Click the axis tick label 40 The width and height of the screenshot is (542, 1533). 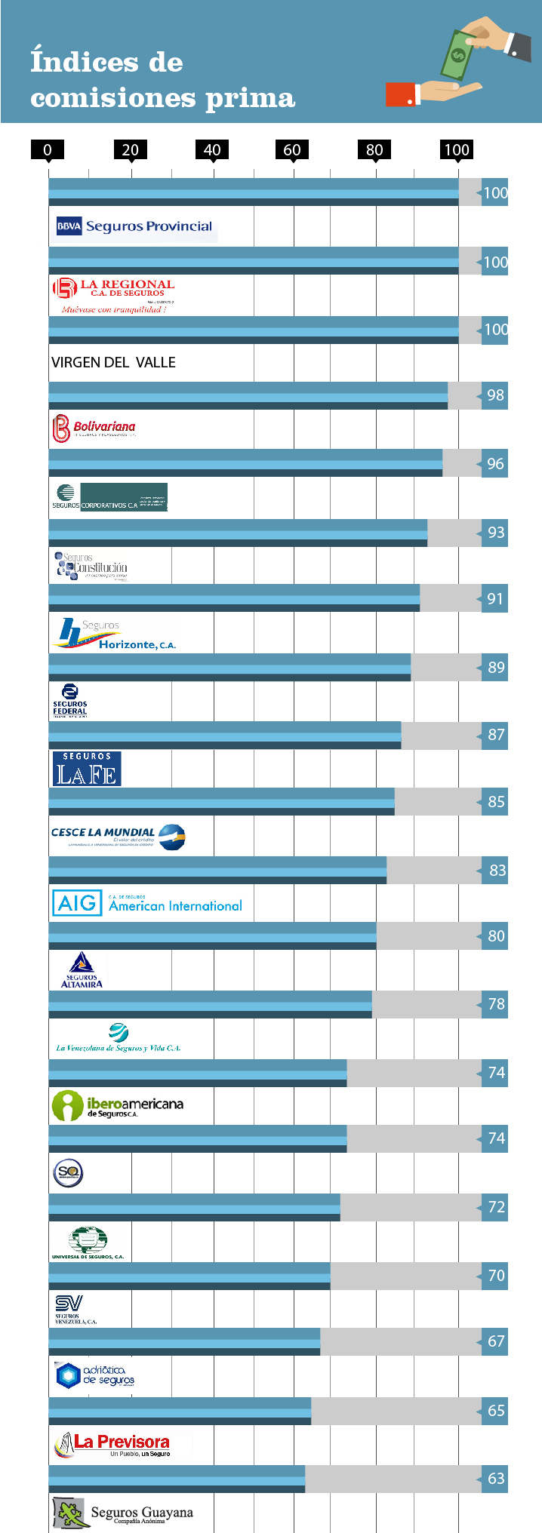pos(212,149)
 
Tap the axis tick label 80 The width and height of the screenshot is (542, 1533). pos(374,149)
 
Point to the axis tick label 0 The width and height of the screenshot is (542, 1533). pos(48,149)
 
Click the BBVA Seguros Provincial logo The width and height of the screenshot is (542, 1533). pos(134,226)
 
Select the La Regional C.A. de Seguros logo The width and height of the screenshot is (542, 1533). pos(113,295)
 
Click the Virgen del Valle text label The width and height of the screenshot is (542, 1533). pos(113,362)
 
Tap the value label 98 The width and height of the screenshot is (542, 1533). pos(495,395)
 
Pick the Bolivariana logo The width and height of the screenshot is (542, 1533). pos(94,429)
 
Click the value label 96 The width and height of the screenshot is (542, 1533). pos(495,464)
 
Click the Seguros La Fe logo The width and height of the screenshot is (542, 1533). pos(87,769)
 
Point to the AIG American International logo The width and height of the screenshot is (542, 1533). pos(147,903)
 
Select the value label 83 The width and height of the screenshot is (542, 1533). pos(497,871)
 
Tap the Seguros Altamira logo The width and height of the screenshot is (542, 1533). pos(82,970)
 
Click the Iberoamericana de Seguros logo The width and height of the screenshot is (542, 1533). pos(118,1106)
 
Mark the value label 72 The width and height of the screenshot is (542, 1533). pos(496,1207)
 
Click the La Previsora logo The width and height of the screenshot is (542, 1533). pos(113,1445)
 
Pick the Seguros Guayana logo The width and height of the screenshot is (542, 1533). pos(124,1513)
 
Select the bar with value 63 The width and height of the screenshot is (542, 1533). pos(177,1479)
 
